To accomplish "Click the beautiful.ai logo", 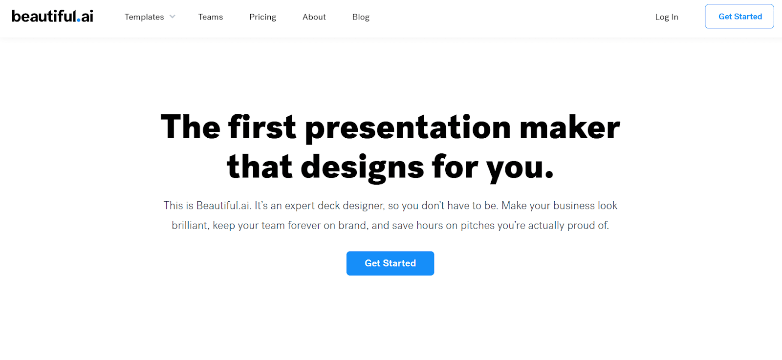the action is coord(52,16).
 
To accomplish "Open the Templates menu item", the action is coord(144,17).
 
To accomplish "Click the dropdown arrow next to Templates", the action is coord(173,17).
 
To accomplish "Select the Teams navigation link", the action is coord(211,17).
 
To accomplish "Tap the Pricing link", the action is coord(262,17).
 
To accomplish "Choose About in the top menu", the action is coord(314,17).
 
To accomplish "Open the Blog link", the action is coord(361,17).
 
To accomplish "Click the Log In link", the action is coord(667,17).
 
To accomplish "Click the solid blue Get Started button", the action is coord(391,263).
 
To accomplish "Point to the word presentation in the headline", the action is coord(408,128).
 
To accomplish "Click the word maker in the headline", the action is coord(570,127).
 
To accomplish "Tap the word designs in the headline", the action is coord(362,168).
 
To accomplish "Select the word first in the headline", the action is coord(262,127).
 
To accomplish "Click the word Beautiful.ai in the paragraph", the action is coord(223,206).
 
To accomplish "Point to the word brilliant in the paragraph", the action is coord(190,225).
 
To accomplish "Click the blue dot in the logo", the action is coord(79,20).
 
